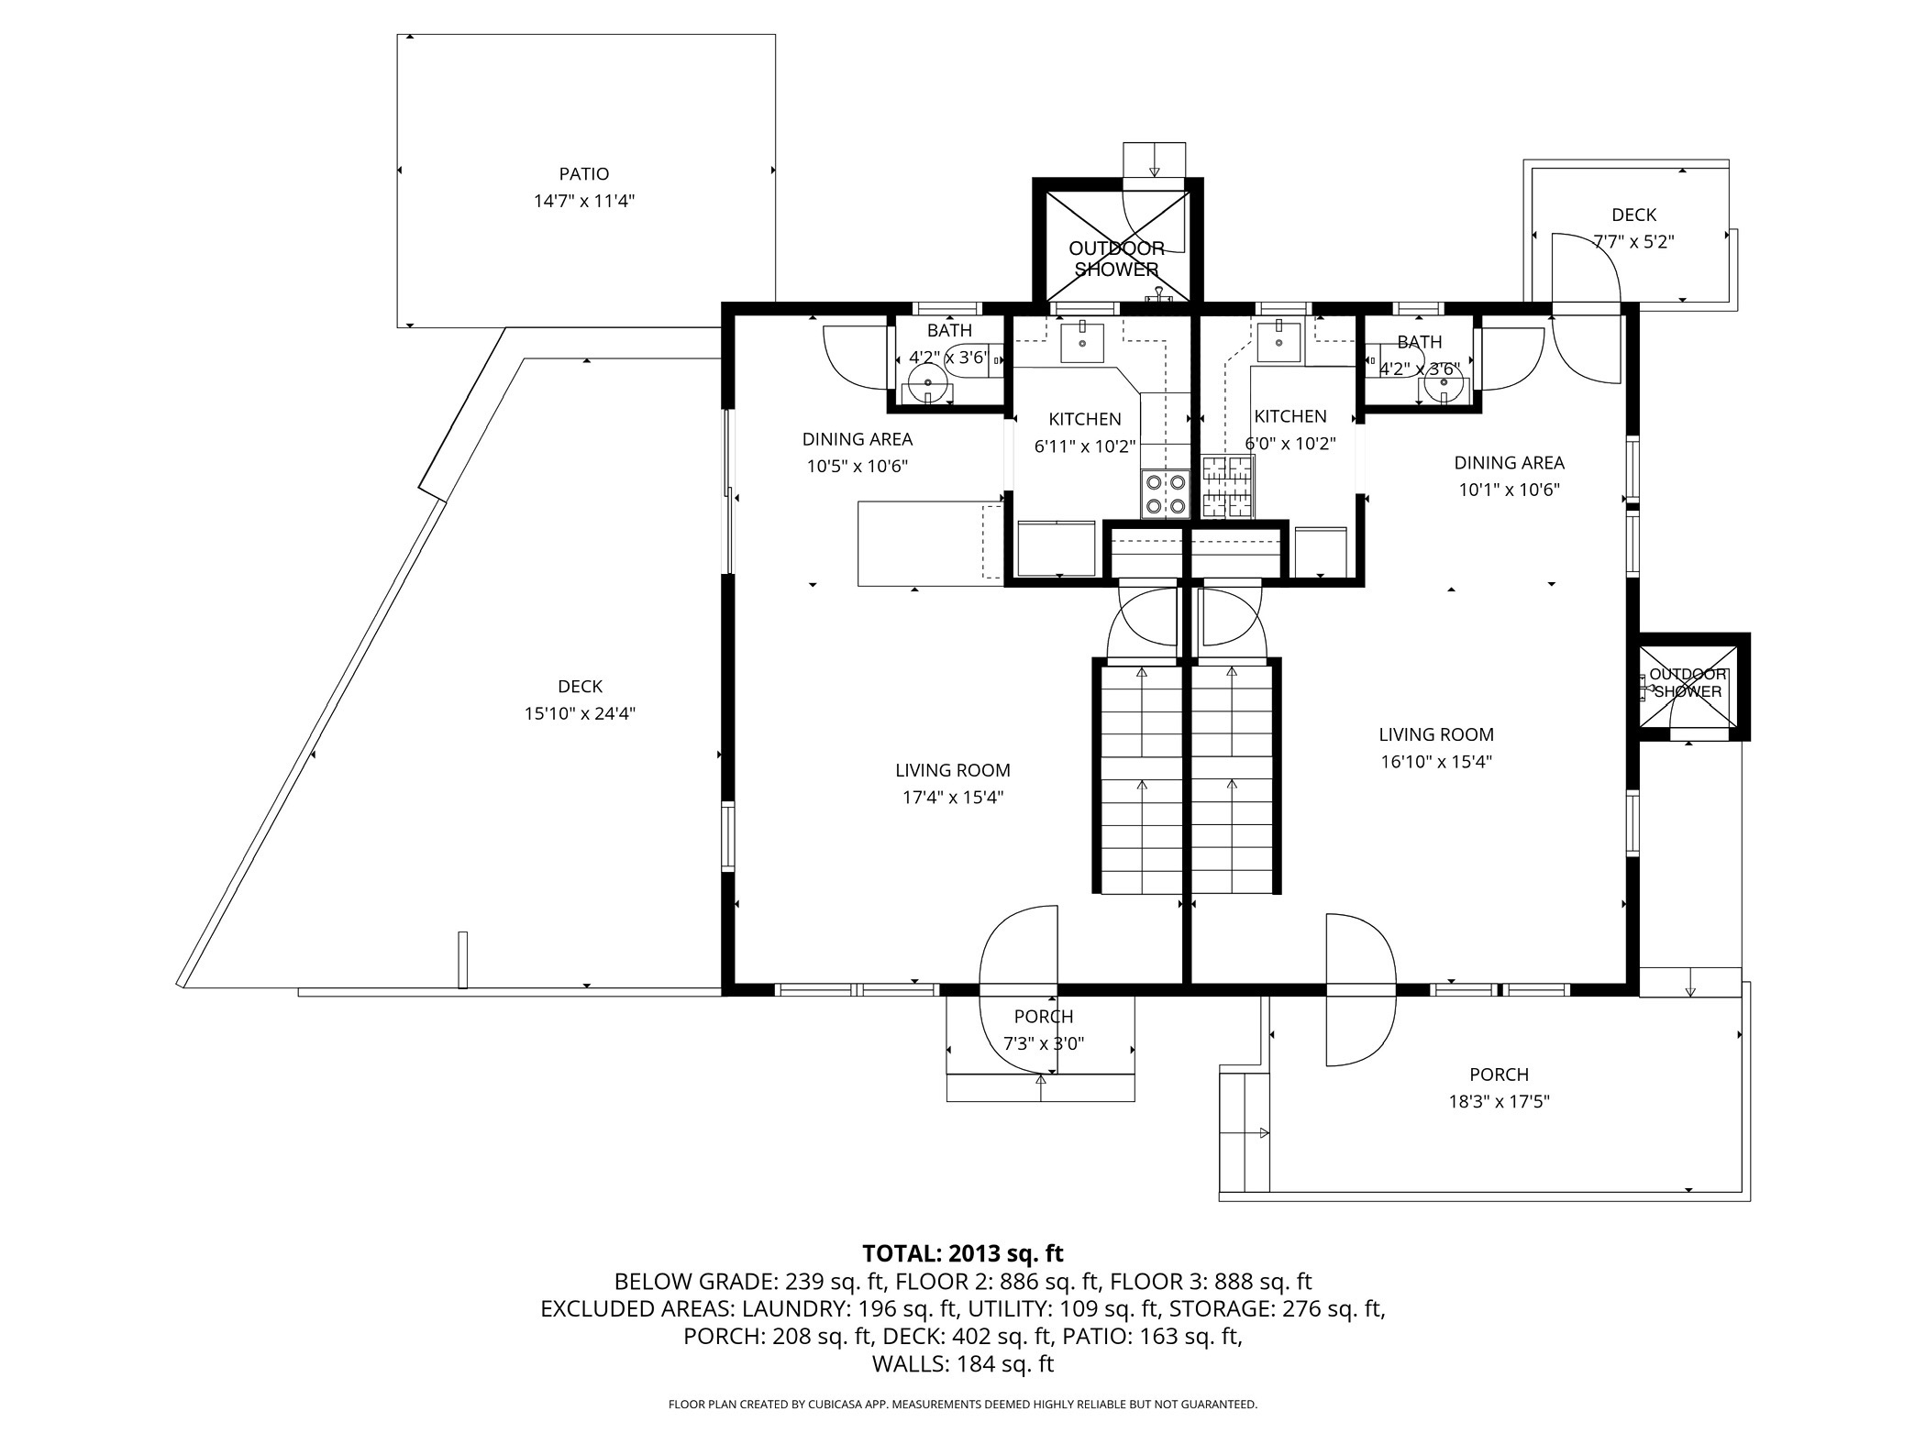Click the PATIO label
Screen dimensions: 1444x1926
point(584,174)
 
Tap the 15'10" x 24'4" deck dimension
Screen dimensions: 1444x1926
point(580,713)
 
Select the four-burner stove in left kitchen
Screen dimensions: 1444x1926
point(1165,493)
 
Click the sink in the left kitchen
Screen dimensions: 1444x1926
point(1083,342)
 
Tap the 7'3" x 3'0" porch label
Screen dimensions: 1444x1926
point(1044,1043)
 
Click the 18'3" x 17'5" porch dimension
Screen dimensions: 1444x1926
point(1499,1101)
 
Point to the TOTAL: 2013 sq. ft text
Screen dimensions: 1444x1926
point(962,1252)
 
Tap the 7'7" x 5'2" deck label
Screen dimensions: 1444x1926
point(1633,242)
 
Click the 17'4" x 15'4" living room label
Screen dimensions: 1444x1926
point(953,797)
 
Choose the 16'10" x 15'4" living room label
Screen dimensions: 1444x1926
point(1436,761)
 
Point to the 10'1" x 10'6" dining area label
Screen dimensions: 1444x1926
point(1509,490)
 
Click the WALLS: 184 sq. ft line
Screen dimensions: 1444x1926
point(962,1363)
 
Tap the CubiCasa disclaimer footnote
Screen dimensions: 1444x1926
point(962,1405)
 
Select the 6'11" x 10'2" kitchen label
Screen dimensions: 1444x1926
point(1085,446)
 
